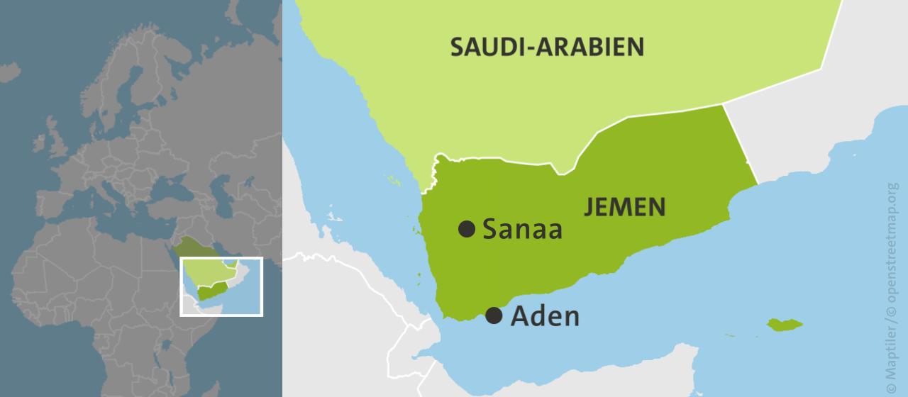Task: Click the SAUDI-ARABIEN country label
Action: (548, 47)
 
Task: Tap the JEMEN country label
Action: (624, 207)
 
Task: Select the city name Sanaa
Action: (522, 229)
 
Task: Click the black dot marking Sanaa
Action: (466, 228)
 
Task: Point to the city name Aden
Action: (545, 316)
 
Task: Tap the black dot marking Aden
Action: (493, 315)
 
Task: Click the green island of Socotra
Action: (784, 325)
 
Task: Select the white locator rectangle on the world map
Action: (221, 259)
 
